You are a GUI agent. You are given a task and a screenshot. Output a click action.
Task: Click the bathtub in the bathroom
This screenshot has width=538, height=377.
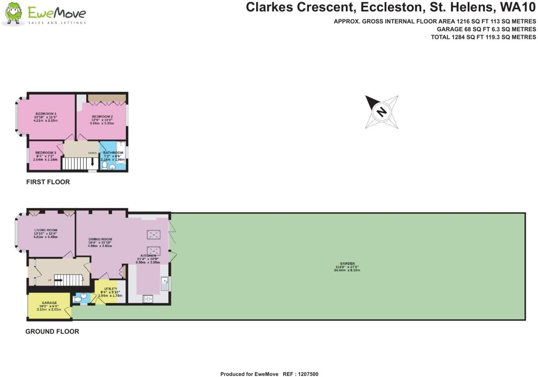pyautogui.click(x=121, y=153)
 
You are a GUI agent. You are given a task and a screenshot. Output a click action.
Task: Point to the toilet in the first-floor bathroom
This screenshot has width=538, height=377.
pyautogui.click(x=105, y=166)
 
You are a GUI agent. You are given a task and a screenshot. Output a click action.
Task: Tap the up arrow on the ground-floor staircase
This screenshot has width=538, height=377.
pyautogui.click(x=59, y=280)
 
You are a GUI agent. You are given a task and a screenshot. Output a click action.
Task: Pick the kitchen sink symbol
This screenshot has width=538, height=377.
pyautogui.click(x=165, y=283)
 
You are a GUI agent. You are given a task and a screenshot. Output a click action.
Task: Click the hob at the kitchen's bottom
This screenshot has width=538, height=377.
pyautogui.click(x=148, y=299)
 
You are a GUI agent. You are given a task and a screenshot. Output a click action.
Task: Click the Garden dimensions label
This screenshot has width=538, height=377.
pyautogui.click(x=347, y=267)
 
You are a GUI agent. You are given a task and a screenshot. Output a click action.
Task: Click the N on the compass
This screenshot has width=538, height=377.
pyautogui.click(x=381, y=112)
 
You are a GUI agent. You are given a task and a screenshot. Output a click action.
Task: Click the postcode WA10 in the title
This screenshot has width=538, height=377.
pyautogui.click(x=518, y=7)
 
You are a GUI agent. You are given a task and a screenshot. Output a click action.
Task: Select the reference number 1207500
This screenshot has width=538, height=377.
pyautogui.click(x=308, y=374)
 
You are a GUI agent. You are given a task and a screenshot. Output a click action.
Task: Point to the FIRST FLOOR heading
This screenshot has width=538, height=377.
pyautogui.click(x=48, y=182)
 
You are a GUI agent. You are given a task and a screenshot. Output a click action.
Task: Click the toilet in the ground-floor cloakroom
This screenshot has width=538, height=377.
pyautogui.click(x=78, y=299)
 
